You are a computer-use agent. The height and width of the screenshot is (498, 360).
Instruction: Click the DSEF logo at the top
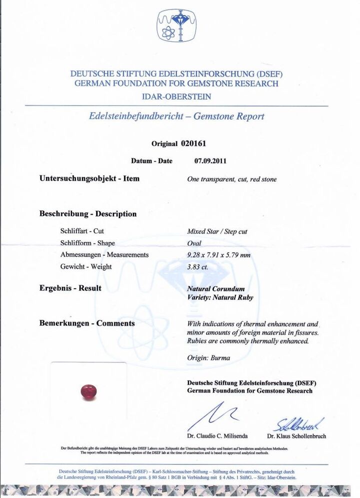(x=176, y=26)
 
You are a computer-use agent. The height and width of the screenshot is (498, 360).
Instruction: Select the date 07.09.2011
(x=210, y=161)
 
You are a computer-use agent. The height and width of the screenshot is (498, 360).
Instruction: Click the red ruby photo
(x=88, y=391)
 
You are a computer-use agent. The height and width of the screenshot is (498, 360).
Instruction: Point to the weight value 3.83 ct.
(x=198, y=267)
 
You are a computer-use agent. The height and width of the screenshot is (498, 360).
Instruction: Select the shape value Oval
(x=194, y=244)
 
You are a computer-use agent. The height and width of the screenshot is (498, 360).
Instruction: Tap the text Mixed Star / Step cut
(x=217, y=232)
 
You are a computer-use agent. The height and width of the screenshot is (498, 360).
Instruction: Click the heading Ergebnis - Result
(x=70, y=288)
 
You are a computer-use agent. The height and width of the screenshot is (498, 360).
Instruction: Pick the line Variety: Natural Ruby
(x=220, y=297)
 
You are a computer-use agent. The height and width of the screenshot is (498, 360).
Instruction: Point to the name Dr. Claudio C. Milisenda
(x=217, y=436)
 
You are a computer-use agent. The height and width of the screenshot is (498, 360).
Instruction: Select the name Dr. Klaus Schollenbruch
(x=296, y=436)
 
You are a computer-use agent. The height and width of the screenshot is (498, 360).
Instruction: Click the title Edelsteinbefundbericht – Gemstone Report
(x=176, y=117)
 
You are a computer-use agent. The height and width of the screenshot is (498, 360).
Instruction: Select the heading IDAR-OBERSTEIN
(x=176, y=97)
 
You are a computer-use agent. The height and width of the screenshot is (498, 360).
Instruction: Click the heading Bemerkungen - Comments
(x=87, y=323)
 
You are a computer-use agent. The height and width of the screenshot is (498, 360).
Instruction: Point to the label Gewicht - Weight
(x=86, y=267)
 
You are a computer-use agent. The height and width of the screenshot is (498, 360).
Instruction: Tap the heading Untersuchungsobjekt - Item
(x=89, y=178)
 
